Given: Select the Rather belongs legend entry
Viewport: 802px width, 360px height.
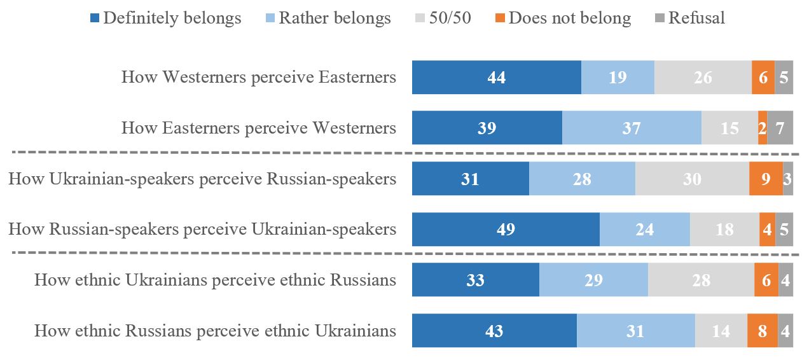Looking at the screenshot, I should click(327, 18).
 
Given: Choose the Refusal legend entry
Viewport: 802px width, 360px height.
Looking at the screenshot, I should click(689, 18).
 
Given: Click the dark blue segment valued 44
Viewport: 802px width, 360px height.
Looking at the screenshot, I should click(496, 78).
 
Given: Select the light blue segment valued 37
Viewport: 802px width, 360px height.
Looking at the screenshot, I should click(632, 128).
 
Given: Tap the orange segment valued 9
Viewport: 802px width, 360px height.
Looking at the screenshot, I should click(766, 179).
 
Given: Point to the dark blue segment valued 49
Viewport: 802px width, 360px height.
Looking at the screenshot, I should click(506, 229).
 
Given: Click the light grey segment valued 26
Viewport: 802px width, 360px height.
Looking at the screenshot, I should click(703, 78).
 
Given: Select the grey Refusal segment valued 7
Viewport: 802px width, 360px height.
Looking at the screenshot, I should click(780, 128).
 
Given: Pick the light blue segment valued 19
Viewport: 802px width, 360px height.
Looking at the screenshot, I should click(618, 78).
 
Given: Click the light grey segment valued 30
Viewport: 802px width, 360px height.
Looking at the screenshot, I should click(692, 179).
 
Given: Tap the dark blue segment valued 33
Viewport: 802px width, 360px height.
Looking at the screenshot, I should click(475, 280).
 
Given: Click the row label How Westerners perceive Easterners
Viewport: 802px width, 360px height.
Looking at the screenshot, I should click(259, 78).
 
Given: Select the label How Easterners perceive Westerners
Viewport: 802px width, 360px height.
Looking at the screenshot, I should click(259, 128).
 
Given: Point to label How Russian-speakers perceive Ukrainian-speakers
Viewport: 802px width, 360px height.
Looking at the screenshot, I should click(202, 229).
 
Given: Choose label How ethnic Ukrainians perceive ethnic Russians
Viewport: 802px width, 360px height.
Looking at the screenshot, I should click(215, 280).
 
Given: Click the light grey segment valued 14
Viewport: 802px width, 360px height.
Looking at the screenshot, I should click(721, 331).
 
